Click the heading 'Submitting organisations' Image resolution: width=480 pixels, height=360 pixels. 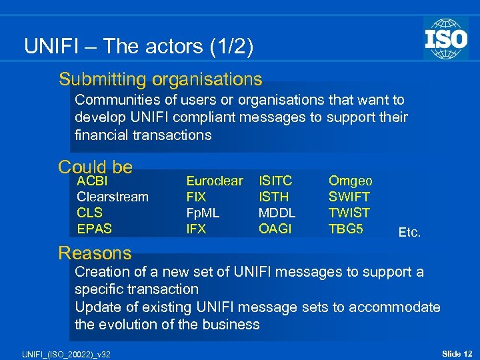160,79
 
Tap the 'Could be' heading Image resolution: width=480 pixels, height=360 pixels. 95,166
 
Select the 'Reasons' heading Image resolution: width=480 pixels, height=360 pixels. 95,253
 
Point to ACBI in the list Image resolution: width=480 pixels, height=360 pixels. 93,181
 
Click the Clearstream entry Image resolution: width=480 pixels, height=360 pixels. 113,197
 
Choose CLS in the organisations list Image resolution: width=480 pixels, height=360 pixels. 90,213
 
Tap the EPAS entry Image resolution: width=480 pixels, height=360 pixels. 95,229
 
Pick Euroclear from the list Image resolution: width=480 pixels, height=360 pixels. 215,181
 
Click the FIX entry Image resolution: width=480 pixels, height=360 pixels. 196,197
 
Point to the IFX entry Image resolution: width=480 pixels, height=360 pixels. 196,229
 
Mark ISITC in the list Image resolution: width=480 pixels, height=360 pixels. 275,181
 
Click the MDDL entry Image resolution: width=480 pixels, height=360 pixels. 277,213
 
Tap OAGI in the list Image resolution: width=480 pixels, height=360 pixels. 275,229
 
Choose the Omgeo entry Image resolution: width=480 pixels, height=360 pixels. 351,181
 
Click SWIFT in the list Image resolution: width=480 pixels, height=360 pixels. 349,197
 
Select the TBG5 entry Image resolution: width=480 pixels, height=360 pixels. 346,229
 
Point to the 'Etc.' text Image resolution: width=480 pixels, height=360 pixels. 409,233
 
